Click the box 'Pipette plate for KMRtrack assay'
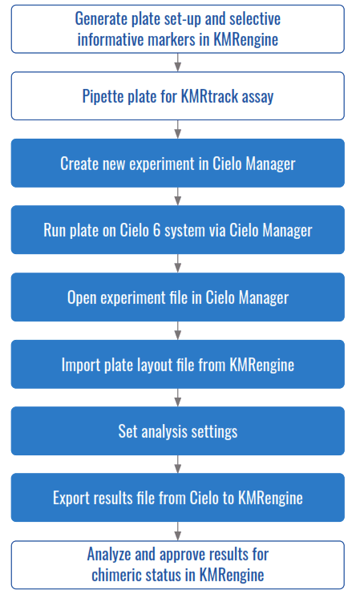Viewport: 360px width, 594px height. [x=177, y=96]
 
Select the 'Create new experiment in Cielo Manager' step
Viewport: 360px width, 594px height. [x=177, y=164]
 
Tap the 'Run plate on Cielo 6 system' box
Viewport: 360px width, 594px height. [x=177, y=230]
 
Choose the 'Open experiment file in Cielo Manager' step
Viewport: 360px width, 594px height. [x=177, y=297]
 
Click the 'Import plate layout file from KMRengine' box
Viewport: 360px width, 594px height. [x=177, y=364]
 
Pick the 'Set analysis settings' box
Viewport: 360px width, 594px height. [x=177, y=431]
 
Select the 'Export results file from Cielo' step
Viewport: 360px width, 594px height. [x=177, y=498]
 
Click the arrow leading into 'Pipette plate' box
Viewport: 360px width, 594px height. [x=177, y=62]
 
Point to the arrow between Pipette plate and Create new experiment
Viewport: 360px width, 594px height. [x=177, y=128]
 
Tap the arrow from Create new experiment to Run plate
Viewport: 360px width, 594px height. [x=177, y=196]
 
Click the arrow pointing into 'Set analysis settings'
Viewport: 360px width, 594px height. [x=177, y=397]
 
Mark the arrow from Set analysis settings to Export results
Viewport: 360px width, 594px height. [x=177, y=463]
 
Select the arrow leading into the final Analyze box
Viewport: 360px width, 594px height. [x=177, y=531]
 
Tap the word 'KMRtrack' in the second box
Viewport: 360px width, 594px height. [x=207, y=97]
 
